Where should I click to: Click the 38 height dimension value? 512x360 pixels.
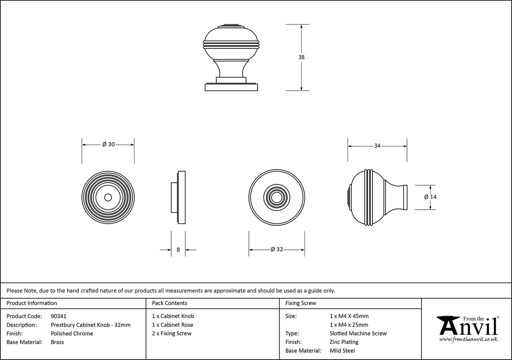(301, 57)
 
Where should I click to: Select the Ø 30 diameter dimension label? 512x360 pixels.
(108, 144)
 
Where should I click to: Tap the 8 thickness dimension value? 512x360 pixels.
(178, 250)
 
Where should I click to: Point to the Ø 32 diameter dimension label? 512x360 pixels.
(277, 249)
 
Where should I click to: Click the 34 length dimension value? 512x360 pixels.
(377, 146)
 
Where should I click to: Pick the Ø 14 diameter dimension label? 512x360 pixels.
(430, 197)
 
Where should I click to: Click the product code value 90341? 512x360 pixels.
(58, 316)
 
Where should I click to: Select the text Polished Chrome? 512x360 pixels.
(72, 333)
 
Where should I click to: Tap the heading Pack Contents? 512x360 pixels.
(170, 303)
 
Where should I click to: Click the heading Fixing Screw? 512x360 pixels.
(301, 303)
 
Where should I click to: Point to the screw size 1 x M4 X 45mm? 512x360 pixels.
(349, 316)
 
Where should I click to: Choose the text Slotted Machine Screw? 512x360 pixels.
(358, 333)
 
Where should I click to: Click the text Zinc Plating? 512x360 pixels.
(344, 342)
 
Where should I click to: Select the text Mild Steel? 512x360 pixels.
(342, 351)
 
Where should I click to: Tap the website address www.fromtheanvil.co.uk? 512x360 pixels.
(468, 339)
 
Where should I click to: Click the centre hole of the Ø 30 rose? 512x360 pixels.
(108, 197)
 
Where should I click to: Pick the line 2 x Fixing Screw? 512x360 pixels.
(172, 333)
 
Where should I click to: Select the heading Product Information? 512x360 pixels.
(32, 303)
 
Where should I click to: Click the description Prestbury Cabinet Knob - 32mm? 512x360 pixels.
(91, 325)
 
